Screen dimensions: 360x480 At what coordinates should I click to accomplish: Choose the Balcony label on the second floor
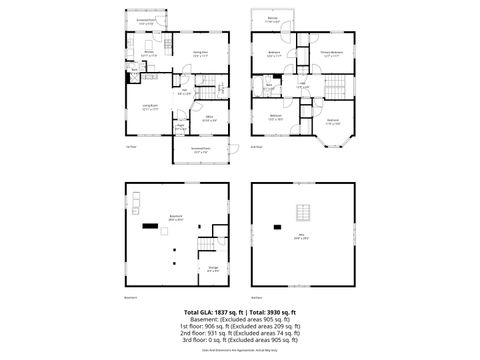(x=273, y=18)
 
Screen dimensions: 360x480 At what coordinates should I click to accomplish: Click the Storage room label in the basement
(x=213, y=267)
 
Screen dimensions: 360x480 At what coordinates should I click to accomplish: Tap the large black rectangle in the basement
(x=150, y=225)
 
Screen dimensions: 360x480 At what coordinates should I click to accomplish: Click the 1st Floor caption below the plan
(x=130, y=147)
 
